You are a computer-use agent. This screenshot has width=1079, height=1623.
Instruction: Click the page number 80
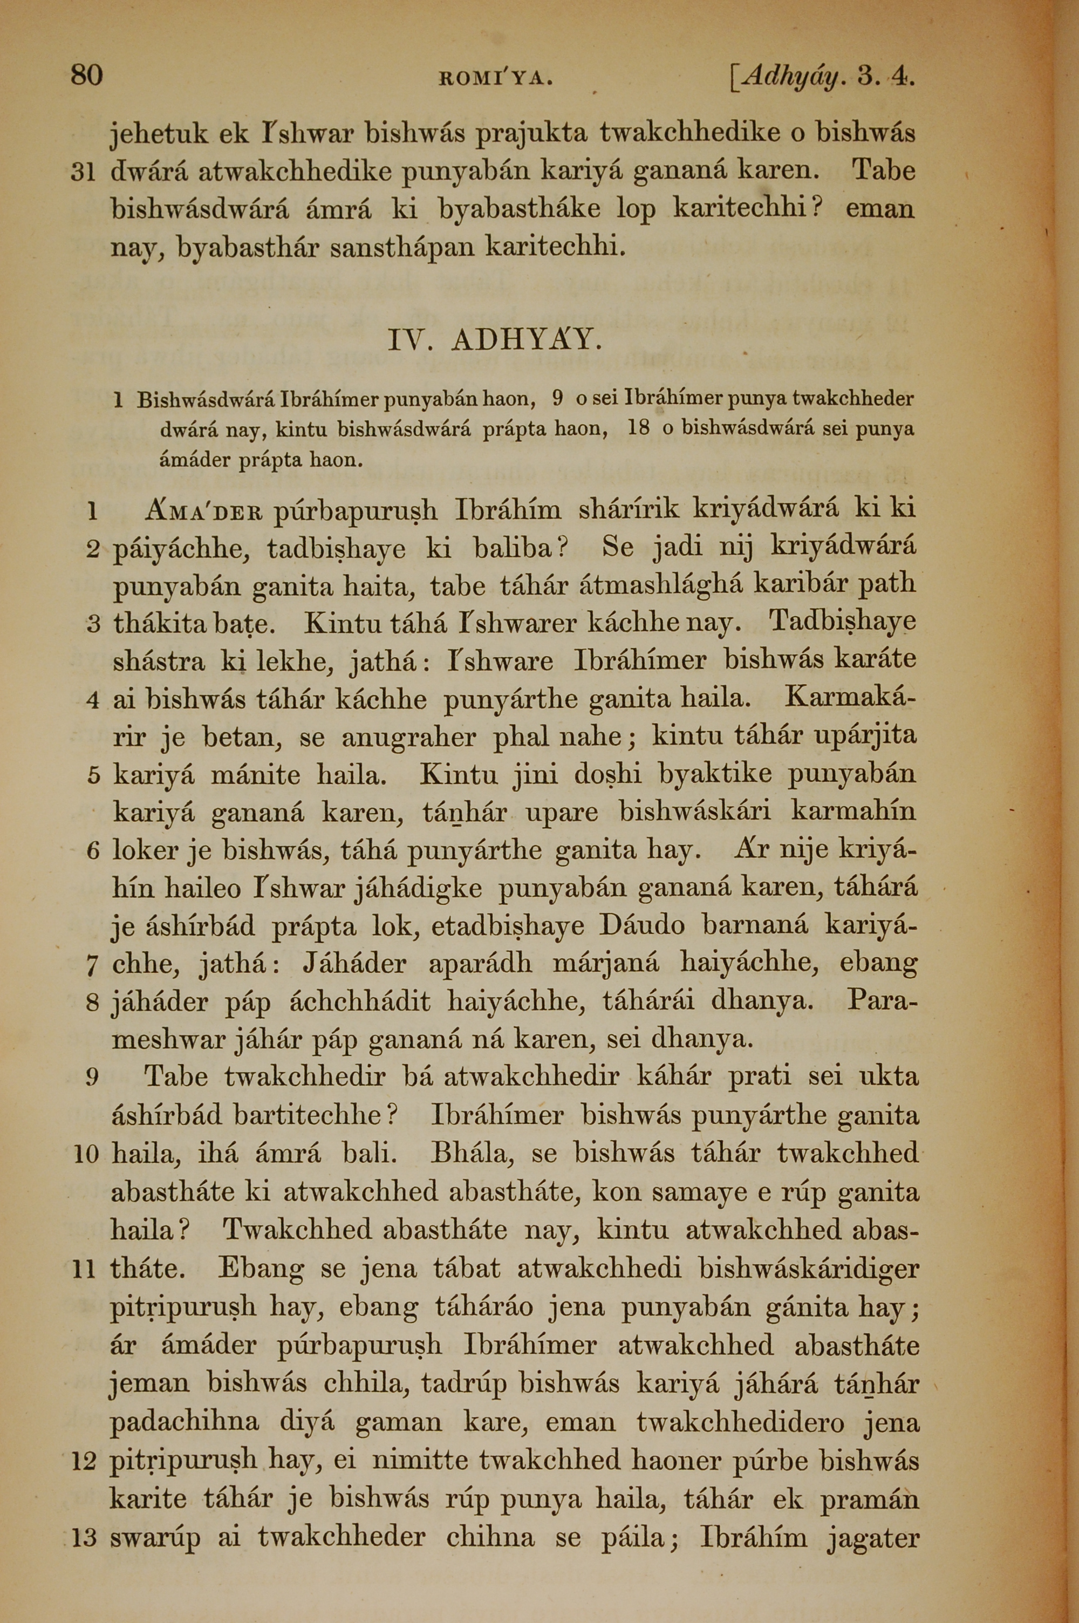pos(87,74)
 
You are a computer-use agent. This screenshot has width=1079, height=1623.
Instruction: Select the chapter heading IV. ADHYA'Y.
pos(495,340)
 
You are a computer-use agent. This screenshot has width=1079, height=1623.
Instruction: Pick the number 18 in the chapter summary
pos(639,428)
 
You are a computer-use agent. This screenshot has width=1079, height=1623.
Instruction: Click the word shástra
pos(158,662)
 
